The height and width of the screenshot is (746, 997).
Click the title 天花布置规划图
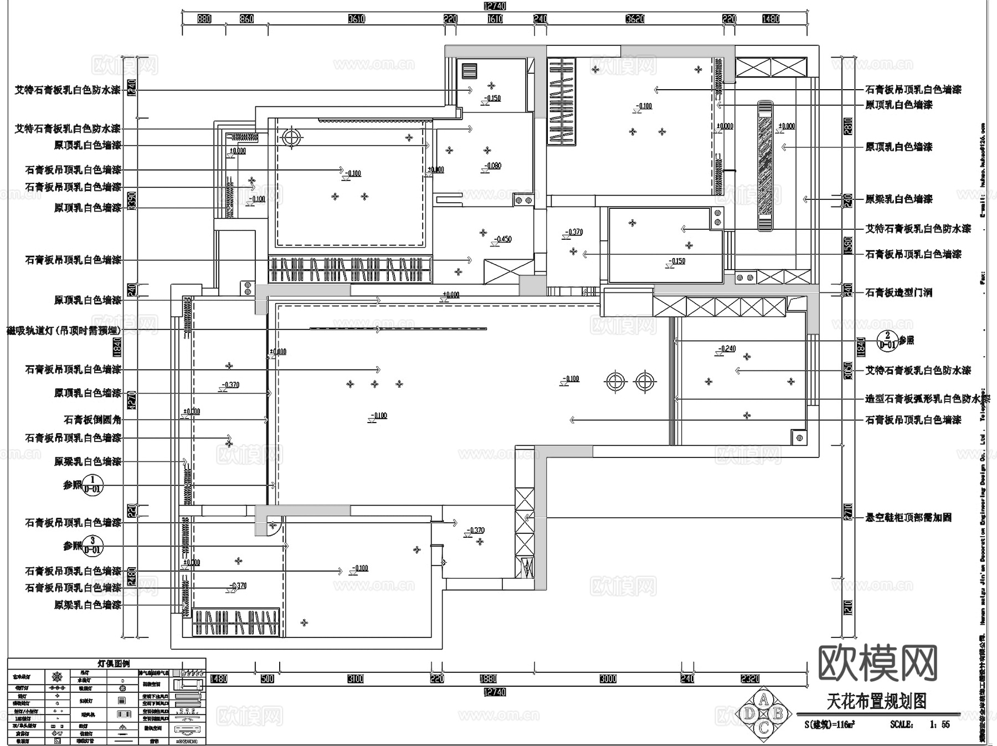(876, 702)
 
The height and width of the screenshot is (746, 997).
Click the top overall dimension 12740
(495, 6)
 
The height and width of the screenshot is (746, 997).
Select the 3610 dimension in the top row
(356, 19)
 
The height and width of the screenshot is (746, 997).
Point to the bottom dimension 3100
(355, 678)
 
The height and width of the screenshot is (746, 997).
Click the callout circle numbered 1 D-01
(92, 485)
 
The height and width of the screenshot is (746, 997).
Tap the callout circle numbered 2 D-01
(887, 340)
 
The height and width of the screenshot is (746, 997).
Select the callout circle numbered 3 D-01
(92, 546)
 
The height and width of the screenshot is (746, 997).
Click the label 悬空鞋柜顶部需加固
(908, 518)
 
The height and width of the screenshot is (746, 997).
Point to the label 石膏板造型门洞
(898, 292)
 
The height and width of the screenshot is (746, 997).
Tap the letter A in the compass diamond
(763, 699)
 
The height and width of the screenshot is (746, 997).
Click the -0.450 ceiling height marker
(503, 239)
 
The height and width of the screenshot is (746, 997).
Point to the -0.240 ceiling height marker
(727, 348)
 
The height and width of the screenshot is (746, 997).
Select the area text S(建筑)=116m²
(829, 724)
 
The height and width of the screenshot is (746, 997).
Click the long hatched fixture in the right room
(765, 166)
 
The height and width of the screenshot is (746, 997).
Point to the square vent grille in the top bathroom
(469, 71)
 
